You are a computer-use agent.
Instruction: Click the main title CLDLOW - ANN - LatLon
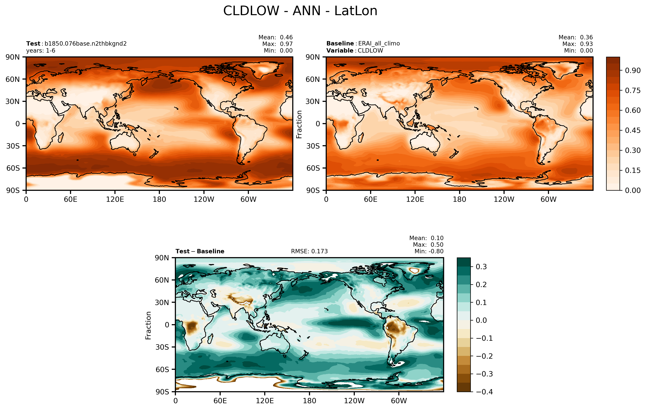coord(300,11)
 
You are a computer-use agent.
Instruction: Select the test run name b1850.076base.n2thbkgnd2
coord(85,44)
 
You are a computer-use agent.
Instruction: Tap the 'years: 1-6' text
coord(41,51)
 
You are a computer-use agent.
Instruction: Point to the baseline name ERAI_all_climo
coord(379,44)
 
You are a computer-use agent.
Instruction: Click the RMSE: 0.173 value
coord(309,251)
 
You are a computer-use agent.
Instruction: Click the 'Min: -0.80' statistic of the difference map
coord(429,251)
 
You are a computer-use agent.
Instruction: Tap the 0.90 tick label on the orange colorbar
coord(633,71)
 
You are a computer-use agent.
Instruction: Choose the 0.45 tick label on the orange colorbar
coord(633,130)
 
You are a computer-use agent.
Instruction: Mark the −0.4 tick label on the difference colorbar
coord(484,392)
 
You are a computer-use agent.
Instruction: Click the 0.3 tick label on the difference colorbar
coord(481,267)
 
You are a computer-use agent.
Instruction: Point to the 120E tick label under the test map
coord(115,199)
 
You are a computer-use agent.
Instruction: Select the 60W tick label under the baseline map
coord(548,199)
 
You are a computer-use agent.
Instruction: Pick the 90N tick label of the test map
coord(13,57)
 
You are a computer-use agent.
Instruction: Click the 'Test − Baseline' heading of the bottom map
coord(200,251)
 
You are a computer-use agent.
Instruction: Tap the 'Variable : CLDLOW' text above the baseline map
coord(355,51)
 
